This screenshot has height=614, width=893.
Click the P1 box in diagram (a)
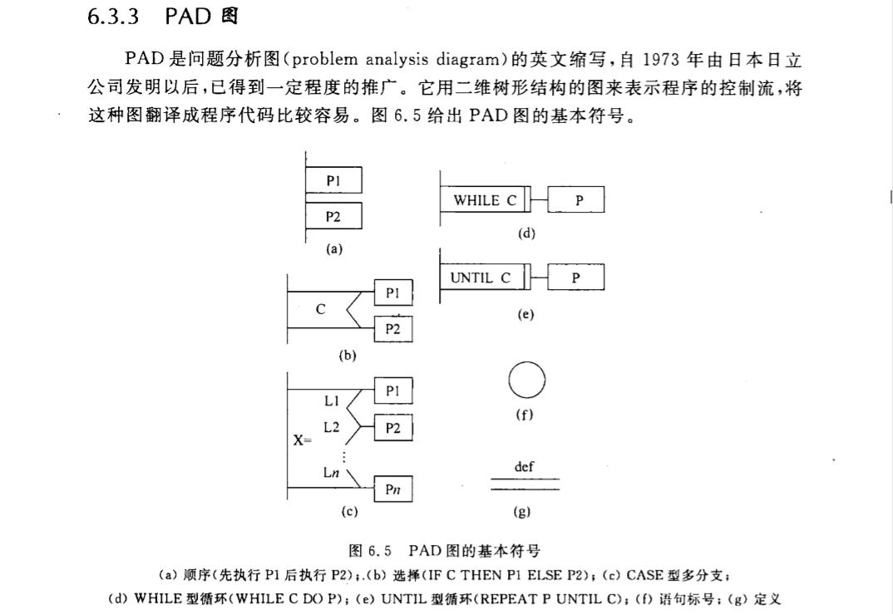(333, 180)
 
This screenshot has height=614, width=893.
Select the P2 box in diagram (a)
(333, 217)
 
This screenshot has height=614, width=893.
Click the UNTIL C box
(481, 278)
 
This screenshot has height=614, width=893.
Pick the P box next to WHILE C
(577, 200)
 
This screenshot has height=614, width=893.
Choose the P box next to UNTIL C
(576, 278)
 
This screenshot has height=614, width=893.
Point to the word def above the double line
(524, 467)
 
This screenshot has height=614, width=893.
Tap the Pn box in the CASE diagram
(392, 489)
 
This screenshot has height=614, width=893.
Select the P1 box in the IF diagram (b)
(392, 292)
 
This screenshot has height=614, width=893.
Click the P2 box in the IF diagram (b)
(392, 329)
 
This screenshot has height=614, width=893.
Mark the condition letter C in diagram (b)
(320, 310)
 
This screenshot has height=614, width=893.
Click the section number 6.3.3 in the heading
(112, 17)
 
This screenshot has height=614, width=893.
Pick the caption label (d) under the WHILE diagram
(526, 233)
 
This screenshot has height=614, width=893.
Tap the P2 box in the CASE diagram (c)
(392, 428)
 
